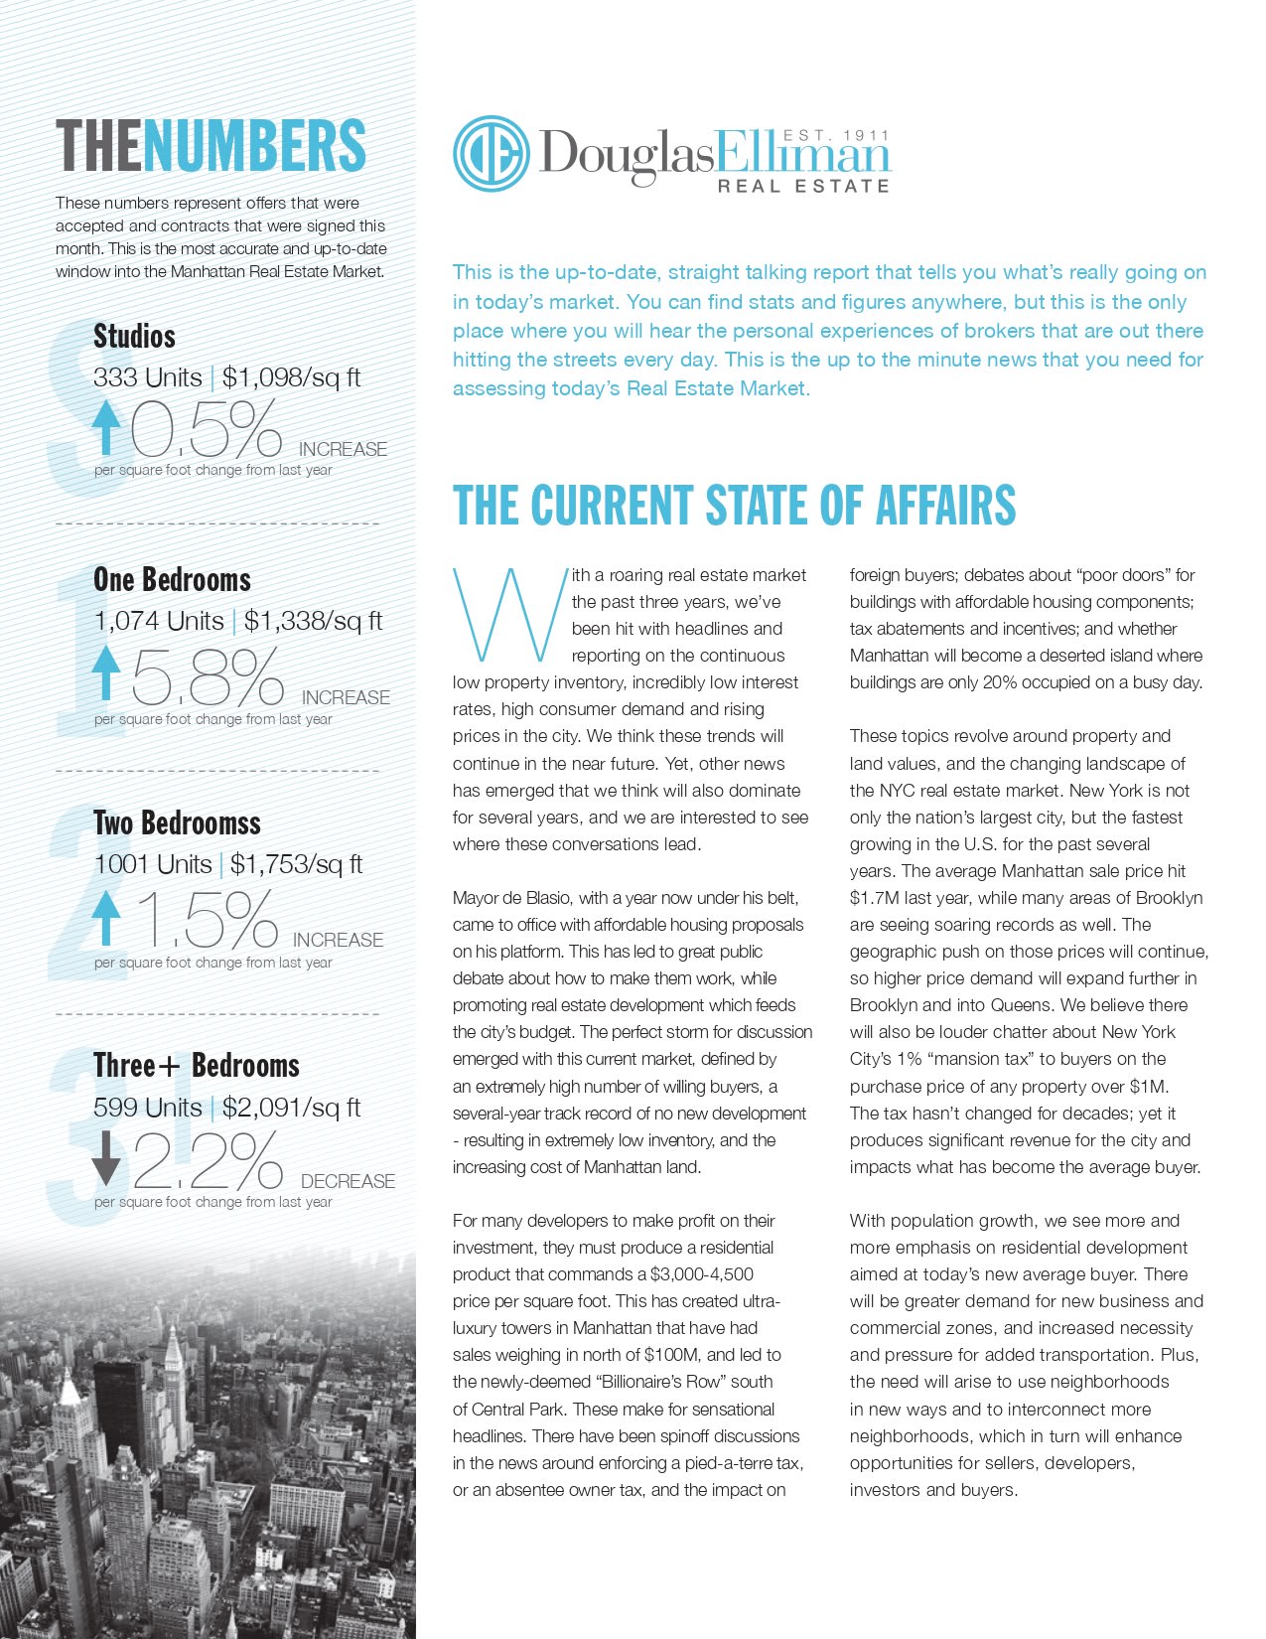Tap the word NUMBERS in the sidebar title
254,146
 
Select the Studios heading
134,336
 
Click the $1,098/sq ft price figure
291,377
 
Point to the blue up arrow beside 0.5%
105,428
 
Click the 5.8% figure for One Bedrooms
208,676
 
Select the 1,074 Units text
158,621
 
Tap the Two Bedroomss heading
177,822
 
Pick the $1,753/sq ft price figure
296,864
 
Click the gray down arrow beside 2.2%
105,1160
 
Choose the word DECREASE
348,1181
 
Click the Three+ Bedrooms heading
196,1066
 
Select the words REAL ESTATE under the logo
803,185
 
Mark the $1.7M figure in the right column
870,898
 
